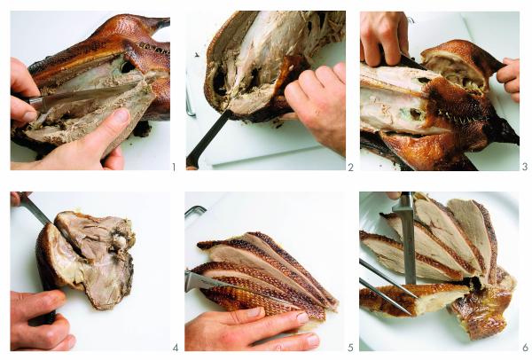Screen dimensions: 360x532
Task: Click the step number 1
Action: (x=174, y=166)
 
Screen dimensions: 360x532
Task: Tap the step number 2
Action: (x=350, y=166)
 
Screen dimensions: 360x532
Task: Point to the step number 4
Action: (x=174, y=347)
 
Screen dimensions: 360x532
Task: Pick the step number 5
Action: (x=350, y=347)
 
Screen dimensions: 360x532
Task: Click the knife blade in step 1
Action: (x=80, y=96)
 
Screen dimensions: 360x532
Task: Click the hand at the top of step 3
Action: (x=383, y=35)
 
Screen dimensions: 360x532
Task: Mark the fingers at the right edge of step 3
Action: (x=510, y=75)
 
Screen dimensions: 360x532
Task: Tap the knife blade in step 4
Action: (x=35, y=213)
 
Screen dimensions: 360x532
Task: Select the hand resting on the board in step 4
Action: (x=40, y=319)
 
